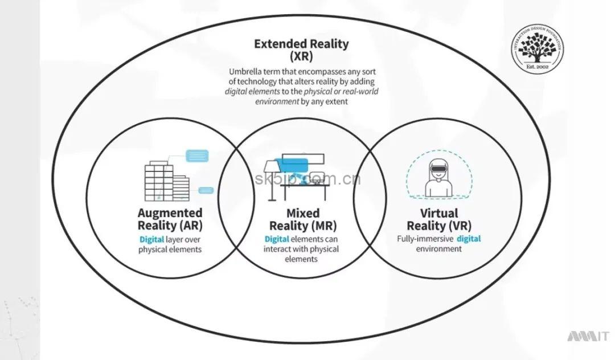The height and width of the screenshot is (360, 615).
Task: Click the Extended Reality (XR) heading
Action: (301, 50)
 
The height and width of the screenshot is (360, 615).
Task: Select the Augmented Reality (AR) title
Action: (170, 218)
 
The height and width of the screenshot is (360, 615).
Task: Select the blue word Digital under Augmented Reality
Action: (152, 239)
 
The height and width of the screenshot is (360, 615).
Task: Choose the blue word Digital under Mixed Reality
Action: (277, 239)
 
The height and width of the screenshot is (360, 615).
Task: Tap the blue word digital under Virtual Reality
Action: (468, 239)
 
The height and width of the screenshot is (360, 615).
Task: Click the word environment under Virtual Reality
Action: (438, 249)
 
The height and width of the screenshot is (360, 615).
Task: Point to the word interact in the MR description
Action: (277, 249)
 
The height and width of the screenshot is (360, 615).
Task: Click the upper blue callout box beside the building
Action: (197, 154)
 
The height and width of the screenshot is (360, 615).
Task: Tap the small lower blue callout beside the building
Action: (206, 190)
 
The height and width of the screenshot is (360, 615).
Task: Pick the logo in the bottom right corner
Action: (588, 337)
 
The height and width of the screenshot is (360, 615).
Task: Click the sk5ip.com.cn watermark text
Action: (308, 180)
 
